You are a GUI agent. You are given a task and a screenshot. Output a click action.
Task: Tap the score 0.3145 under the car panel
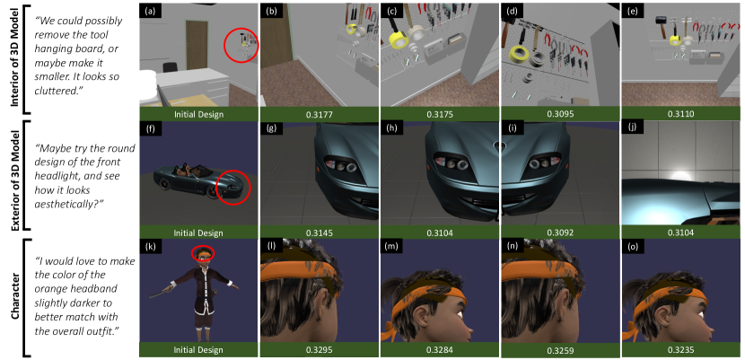[320, 233]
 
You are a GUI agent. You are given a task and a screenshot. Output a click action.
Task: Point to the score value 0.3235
[679, 350]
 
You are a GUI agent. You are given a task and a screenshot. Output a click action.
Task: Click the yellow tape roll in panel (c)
[399, 39]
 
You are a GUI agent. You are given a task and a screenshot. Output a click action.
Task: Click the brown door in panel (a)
[197, 45]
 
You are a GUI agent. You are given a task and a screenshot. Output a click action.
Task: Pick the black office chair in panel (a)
[169, 68]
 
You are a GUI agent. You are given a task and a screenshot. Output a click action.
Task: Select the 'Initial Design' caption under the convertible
[198, 233]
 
